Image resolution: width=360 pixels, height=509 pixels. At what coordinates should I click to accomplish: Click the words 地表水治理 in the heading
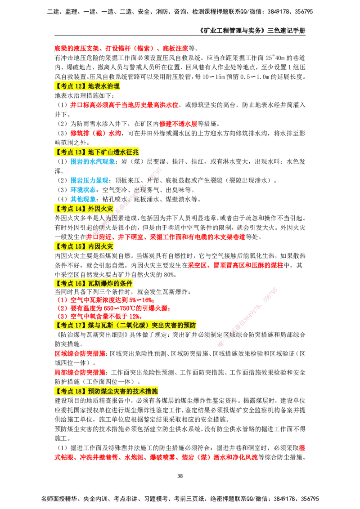pos(104,86)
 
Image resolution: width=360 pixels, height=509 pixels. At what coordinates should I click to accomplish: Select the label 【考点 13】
pos(71,152)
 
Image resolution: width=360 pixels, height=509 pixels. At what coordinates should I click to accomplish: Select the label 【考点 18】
pos(71,391)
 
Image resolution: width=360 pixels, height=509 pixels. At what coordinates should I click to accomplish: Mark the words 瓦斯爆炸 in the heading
pos(102,283)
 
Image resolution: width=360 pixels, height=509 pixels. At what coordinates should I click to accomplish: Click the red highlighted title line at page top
pos(121,49)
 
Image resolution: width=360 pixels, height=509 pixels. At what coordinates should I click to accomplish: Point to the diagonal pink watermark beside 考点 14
pos(128,200)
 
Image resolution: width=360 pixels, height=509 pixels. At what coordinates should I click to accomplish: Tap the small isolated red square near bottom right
pos(302,447)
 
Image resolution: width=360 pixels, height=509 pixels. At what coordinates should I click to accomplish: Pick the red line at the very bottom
pos(156,457)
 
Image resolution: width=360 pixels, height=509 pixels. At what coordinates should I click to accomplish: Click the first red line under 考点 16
pos(106,299)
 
